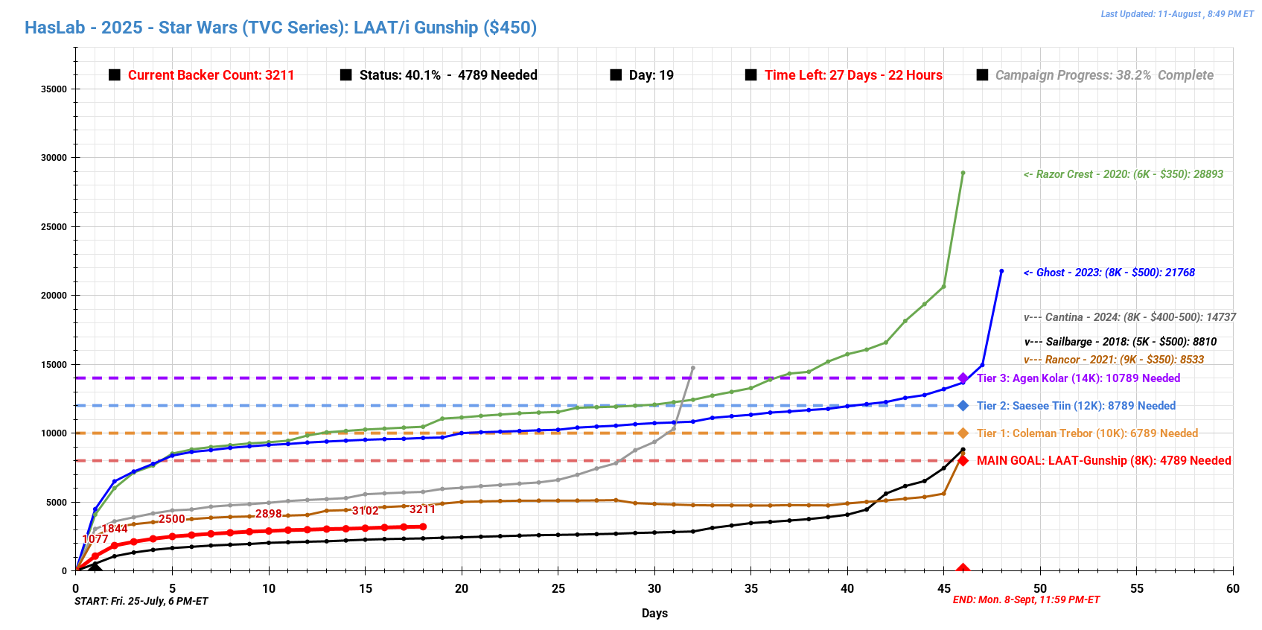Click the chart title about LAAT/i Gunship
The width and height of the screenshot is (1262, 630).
281,28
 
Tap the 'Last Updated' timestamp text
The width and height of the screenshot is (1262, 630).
1176,14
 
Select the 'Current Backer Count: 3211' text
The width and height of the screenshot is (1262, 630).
211,75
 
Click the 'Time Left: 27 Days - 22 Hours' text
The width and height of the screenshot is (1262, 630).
853,75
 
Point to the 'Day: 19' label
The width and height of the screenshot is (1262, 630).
651,75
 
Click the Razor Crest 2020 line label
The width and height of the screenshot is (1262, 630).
1123,174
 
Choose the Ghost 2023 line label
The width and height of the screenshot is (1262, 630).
1109,273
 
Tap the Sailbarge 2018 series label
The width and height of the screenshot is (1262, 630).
1121,342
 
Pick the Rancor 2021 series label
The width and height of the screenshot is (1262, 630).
1114,360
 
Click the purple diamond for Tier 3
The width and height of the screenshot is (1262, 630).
963,378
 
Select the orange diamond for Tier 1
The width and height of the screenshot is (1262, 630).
963,433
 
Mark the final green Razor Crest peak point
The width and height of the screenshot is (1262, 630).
963,173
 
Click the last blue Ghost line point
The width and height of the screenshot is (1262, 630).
1001,271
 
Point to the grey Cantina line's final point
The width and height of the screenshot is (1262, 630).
693,368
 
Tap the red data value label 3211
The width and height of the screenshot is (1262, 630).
422,509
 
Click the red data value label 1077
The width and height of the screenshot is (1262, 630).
95,539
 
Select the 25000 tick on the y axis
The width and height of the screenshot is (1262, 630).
54,227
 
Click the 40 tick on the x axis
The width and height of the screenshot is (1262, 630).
847,588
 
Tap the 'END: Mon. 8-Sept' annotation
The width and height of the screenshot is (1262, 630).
1026,600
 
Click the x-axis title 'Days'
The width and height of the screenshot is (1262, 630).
654,614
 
